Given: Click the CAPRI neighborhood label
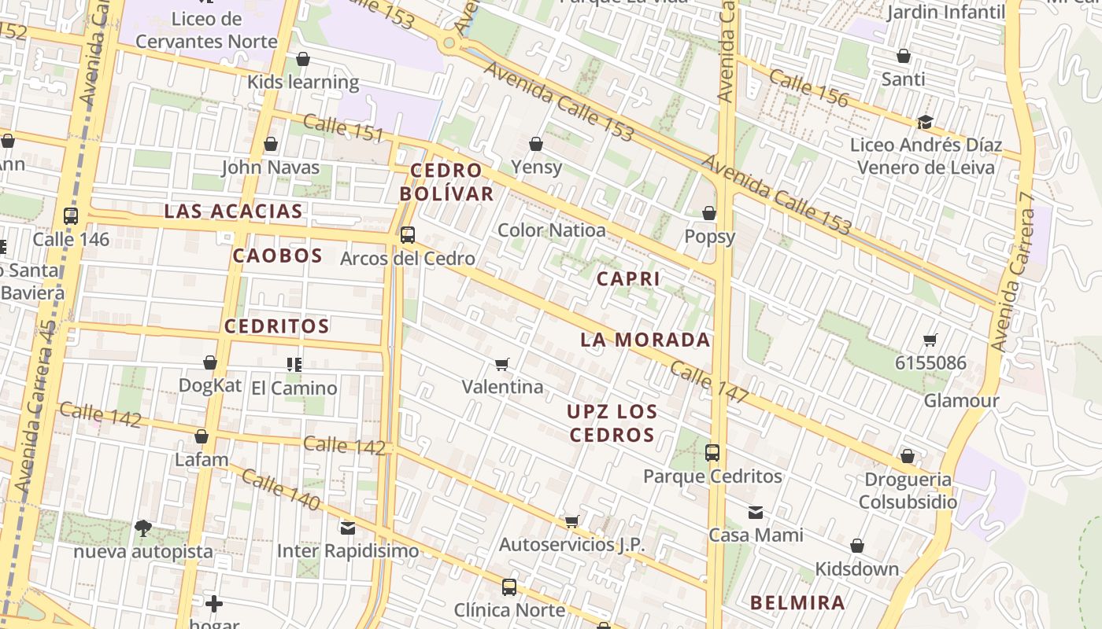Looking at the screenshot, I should [628, 279].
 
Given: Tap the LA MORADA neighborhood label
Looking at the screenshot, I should [645, 340].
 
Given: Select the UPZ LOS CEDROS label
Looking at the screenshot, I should [612, 423].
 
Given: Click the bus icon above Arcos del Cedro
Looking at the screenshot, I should [408, 234].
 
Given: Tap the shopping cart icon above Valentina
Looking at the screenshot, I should [502, 364].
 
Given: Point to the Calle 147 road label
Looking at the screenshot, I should [709, 383].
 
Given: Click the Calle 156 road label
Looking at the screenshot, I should [809, 88].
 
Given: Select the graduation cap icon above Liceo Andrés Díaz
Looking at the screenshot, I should [926, 122].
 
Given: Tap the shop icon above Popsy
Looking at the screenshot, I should [709, 213].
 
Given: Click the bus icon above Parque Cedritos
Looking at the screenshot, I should [712, 453].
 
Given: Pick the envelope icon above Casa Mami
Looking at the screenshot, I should [756, 513].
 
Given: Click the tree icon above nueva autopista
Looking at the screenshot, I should [143, 528].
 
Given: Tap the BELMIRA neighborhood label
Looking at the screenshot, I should [797, 603].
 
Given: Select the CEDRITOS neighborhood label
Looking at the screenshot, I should [277, 326].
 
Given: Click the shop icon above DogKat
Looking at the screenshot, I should [210, 362].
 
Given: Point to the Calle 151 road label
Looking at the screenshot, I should [343, 128].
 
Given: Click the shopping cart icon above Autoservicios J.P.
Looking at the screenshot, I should [572, 521].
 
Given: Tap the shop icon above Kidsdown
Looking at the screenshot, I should [857, 546].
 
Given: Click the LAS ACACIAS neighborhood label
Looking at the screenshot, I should [233, 211].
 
